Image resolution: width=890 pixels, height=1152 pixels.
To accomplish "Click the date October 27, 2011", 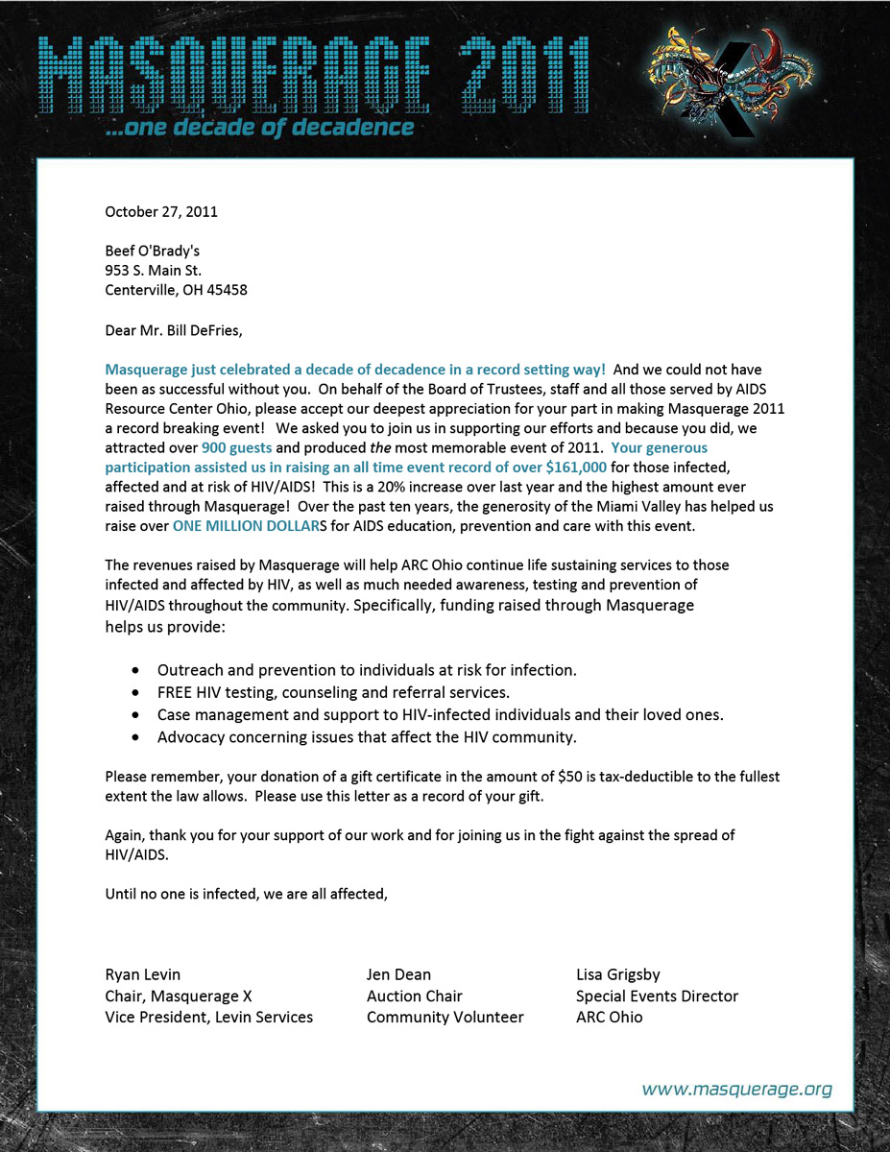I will pos(161,211).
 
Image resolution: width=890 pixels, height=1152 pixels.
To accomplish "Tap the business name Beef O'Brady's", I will pos(152,251).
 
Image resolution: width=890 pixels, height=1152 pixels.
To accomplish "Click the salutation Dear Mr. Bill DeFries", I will pos(174,331).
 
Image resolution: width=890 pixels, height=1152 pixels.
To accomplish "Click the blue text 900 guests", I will pos(237,447).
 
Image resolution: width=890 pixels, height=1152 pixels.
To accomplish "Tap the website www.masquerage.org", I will pos(736,1089).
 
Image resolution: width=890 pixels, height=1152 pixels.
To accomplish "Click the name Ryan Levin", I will pos(143,974).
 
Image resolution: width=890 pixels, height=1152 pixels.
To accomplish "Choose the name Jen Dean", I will pos(398,974).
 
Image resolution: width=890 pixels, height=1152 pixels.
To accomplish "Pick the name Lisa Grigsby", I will pos(618,974).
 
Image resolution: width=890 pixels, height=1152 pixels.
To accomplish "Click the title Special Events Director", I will pos(657,996).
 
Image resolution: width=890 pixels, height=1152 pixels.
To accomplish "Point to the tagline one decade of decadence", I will pos(261,128).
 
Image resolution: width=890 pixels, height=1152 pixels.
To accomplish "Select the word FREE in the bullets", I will pos(174,692).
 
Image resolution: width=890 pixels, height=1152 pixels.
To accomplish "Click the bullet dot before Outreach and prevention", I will pos(136,670).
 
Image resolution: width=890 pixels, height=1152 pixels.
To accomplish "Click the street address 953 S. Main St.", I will pos(154,271).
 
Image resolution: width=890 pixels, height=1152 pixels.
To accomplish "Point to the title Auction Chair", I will pos(415,996).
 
